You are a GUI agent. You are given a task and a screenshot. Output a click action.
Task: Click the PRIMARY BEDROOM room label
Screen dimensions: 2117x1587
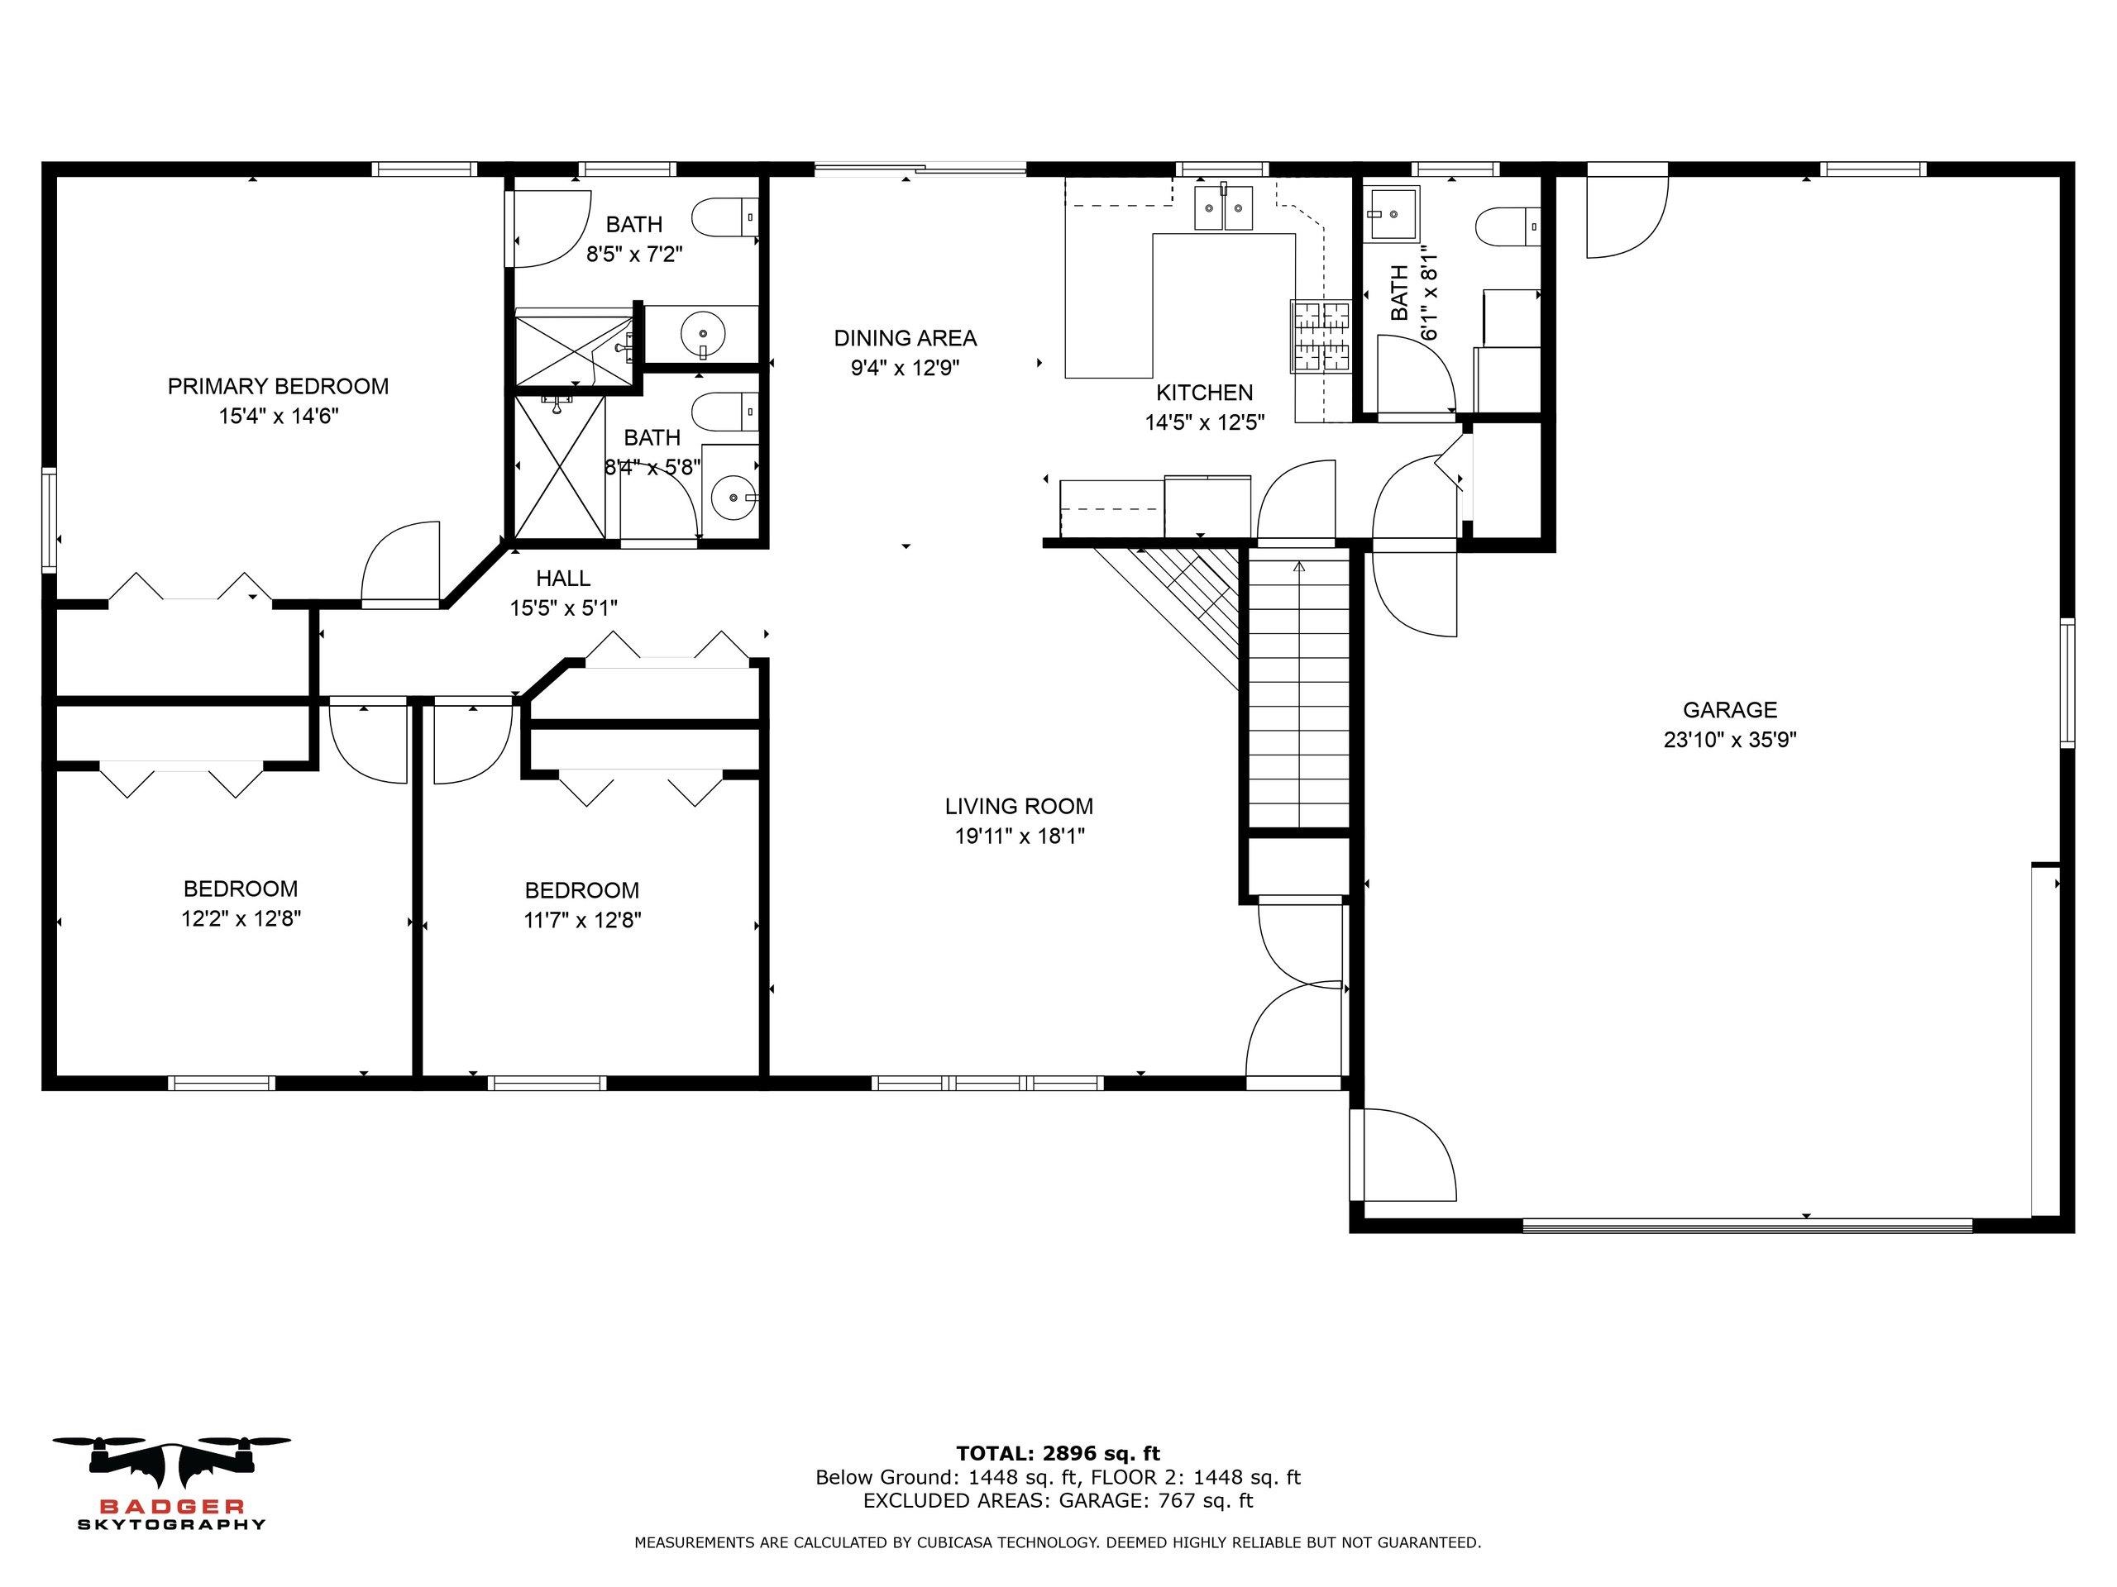coord(278,387)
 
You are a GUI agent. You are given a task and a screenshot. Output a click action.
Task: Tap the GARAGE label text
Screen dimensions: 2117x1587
coord(1729,710)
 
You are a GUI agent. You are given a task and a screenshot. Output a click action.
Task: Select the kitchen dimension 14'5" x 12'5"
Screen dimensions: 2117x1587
coord(1205,422)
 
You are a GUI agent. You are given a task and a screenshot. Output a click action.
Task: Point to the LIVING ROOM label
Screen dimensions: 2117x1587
coord(1020,807)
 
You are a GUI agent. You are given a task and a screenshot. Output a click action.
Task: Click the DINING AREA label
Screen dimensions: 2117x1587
coord(906,338)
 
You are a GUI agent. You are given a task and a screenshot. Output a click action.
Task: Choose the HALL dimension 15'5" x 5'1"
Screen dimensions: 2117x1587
coord(564,608)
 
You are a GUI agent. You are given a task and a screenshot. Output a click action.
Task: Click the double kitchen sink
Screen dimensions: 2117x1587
coord(1223,208)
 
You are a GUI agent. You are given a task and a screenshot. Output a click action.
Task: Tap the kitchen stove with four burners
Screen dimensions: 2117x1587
coord(1320,335)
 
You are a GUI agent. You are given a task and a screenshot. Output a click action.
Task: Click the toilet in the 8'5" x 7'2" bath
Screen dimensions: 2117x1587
coord(726,218)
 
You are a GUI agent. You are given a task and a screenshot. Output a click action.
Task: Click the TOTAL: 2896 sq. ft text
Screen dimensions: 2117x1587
coord(1058,1454)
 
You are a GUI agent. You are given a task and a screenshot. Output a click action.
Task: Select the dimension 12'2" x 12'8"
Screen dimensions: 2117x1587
coord(241,918)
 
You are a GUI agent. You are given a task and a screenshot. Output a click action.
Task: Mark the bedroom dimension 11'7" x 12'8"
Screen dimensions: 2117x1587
coord(582,920)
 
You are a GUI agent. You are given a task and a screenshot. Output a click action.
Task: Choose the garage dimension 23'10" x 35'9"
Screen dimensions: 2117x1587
coord(1730,740)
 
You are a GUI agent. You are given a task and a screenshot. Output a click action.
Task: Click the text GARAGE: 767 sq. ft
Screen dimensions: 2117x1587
coord(1156,1500)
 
